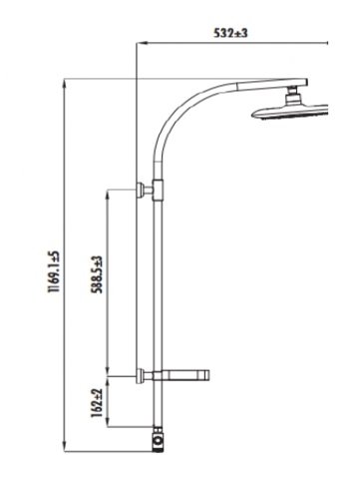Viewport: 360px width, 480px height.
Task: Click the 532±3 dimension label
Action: [230, 33]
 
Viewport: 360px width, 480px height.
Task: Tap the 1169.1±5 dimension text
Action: [53, 271]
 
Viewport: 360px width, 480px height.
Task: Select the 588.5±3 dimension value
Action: [98, 274]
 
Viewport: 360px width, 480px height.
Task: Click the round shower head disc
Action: [290, 112]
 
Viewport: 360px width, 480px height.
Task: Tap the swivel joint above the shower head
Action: [292, 95]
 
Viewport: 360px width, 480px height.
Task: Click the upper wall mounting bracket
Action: [145, 190]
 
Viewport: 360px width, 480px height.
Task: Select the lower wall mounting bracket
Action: [145, 376]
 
